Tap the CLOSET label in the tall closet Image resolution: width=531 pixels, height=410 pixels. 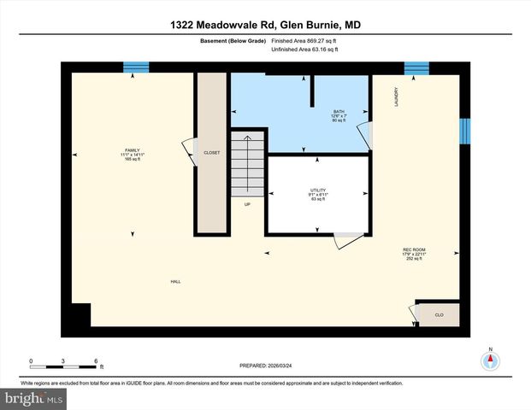[x=211, y=153]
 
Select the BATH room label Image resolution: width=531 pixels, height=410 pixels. [x=339, y=111]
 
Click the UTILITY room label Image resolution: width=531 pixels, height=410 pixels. [x=318, y=190]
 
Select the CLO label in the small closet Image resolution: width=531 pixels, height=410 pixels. [x=439, y=315]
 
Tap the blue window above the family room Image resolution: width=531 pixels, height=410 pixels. [x=135, y=67]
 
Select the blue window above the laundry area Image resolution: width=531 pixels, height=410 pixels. [x=416, y=67]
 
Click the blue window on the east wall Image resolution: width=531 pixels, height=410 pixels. [x=465, y=131]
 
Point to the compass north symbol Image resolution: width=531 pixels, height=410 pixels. [x=491, y=359]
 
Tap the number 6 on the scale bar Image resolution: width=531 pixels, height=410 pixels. [x=96, y=360]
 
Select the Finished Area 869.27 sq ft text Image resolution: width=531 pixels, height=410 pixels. [x=304, y=40]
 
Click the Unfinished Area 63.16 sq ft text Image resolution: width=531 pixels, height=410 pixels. [x=304, y=50]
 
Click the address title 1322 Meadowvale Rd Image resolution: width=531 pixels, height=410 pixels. [x=264, y=26]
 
